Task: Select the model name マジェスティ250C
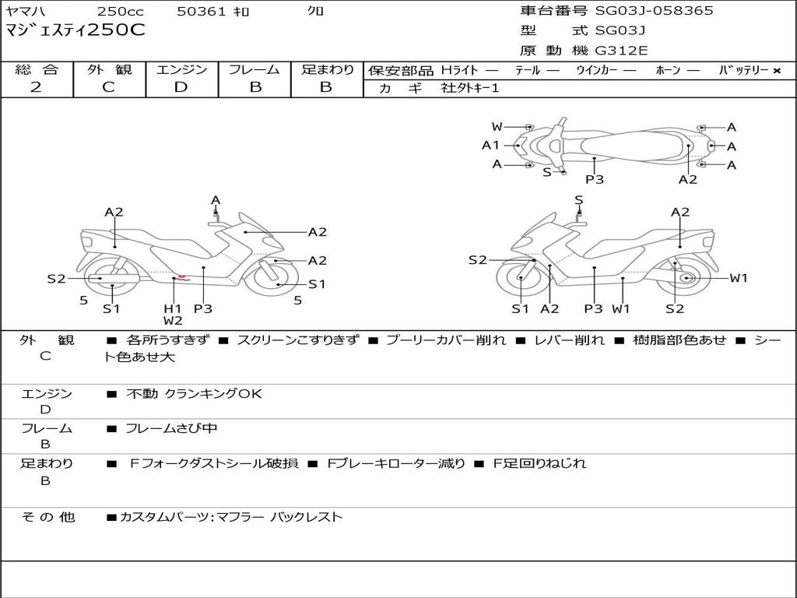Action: (x=75, y=31)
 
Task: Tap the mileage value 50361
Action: (x=202, y=12)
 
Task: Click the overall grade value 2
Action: (x=37, y=87)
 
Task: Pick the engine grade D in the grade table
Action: (x=181, y=87)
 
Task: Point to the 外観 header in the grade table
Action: (x=109, y=70)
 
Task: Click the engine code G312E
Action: (x=622, y=51)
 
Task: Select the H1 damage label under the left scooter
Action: (x=172, y=308)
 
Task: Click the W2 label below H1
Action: (x=173, y=321)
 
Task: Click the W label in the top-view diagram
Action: (x=497, y=127)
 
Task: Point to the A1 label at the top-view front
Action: (x=490, y=145)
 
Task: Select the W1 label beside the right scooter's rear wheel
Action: (x=738, y=278)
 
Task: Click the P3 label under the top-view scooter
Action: (x=595, y=180)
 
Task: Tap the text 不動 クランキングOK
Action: (x=194, y=394)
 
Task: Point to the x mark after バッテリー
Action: (x=776, y=71)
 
